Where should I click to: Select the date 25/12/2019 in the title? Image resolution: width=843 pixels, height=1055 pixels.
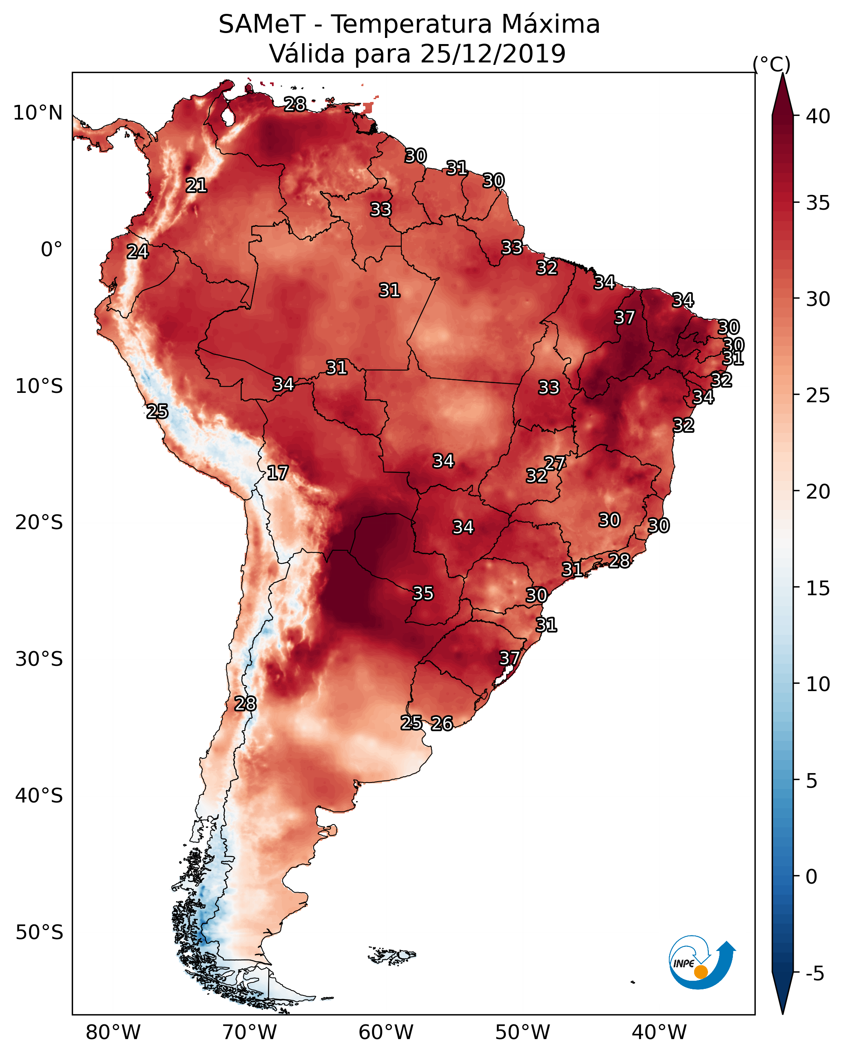click(x=493, y=54)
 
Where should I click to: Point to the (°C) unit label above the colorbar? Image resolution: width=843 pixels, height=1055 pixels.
click(x=772, y=64)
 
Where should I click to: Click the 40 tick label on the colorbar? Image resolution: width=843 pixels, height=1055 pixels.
click(x=818, y=116)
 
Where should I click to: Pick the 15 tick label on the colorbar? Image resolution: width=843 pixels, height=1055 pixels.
click(x=818, y=588)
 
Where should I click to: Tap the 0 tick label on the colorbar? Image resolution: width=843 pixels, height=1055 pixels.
click(x=811, y=877)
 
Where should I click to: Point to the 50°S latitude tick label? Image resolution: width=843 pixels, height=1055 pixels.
click(x=39, y=933)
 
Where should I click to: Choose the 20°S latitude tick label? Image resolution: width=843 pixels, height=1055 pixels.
click(x=39, y=523)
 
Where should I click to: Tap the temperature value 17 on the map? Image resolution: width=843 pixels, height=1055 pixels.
click(x=277, y=473)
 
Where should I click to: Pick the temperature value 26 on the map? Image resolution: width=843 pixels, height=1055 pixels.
click(x=442, y=723)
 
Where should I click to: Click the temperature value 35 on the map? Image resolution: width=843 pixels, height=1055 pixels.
click(x=423, y=594)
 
